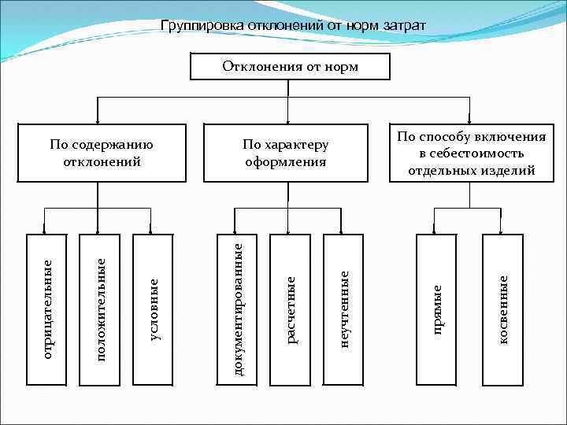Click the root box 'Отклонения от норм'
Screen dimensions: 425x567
coord(290,67)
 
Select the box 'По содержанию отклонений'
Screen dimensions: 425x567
coord(101,153)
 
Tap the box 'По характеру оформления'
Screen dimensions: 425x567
coord(285,153)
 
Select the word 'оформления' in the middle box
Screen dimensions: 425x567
coord(285,162)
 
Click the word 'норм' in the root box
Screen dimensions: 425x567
coord(342,67)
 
